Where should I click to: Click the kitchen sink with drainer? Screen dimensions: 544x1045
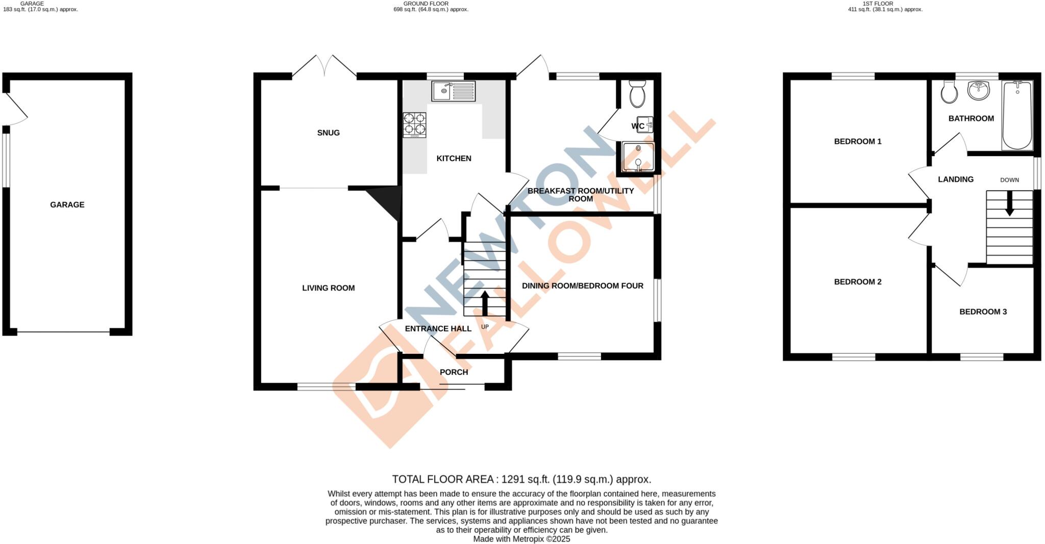453,91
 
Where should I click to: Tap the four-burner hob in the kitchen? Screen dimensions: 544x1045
414,124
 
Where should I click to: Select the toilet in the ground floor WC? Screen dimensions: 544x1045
637,94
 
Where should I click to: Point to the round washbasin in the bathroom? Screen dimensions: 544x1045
978,91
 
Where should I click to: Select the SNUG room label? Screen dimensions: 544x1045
328,133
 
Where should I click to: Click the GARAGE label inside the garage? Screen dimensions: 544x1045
67,204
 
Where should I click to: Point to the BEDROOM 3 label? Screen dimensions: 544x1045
983,312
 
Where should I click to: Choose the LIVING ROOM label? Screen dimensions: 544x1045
328,288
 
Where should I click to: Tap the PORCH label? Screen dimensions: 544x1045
454,372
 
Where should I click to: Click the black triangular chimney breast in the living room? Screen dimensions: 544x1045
385,201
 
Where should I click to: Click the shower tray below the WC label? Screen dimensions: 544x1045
638,157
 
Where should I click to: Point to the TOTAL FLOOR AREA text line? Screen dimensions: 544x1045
521,479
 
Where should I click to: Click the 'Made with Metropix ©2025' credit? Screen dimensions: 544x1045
521,539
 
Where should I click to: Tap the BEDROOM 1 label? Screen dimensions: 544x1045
858,141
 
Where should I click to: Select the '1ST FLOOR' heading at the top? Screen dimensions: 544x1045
885,4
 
